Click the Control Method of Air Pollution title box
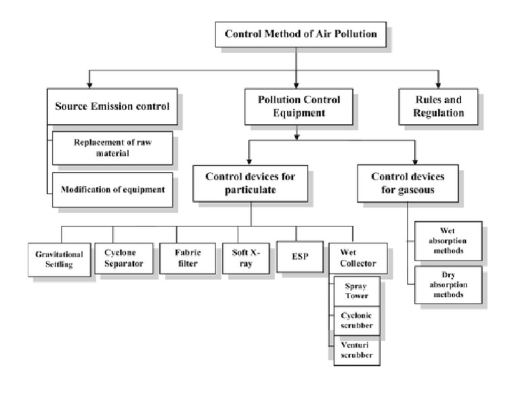click(301, 34)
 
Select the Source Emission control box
click(112, 107)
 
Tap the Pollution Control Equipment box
click(298, 107)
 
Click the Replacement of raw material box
click(112, 148)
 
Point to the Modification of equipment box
click(112, 190)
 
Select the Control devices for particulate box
click(250, 184)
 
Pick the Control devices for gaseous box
click(407, 184)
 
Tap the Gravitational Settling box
click(59, 259)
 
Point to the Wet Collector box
click(357, 258)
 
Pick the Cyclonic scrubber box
click(357, 320)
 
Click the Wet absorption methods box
click(448, 241)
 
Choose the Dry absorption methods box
click(448, 285)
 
